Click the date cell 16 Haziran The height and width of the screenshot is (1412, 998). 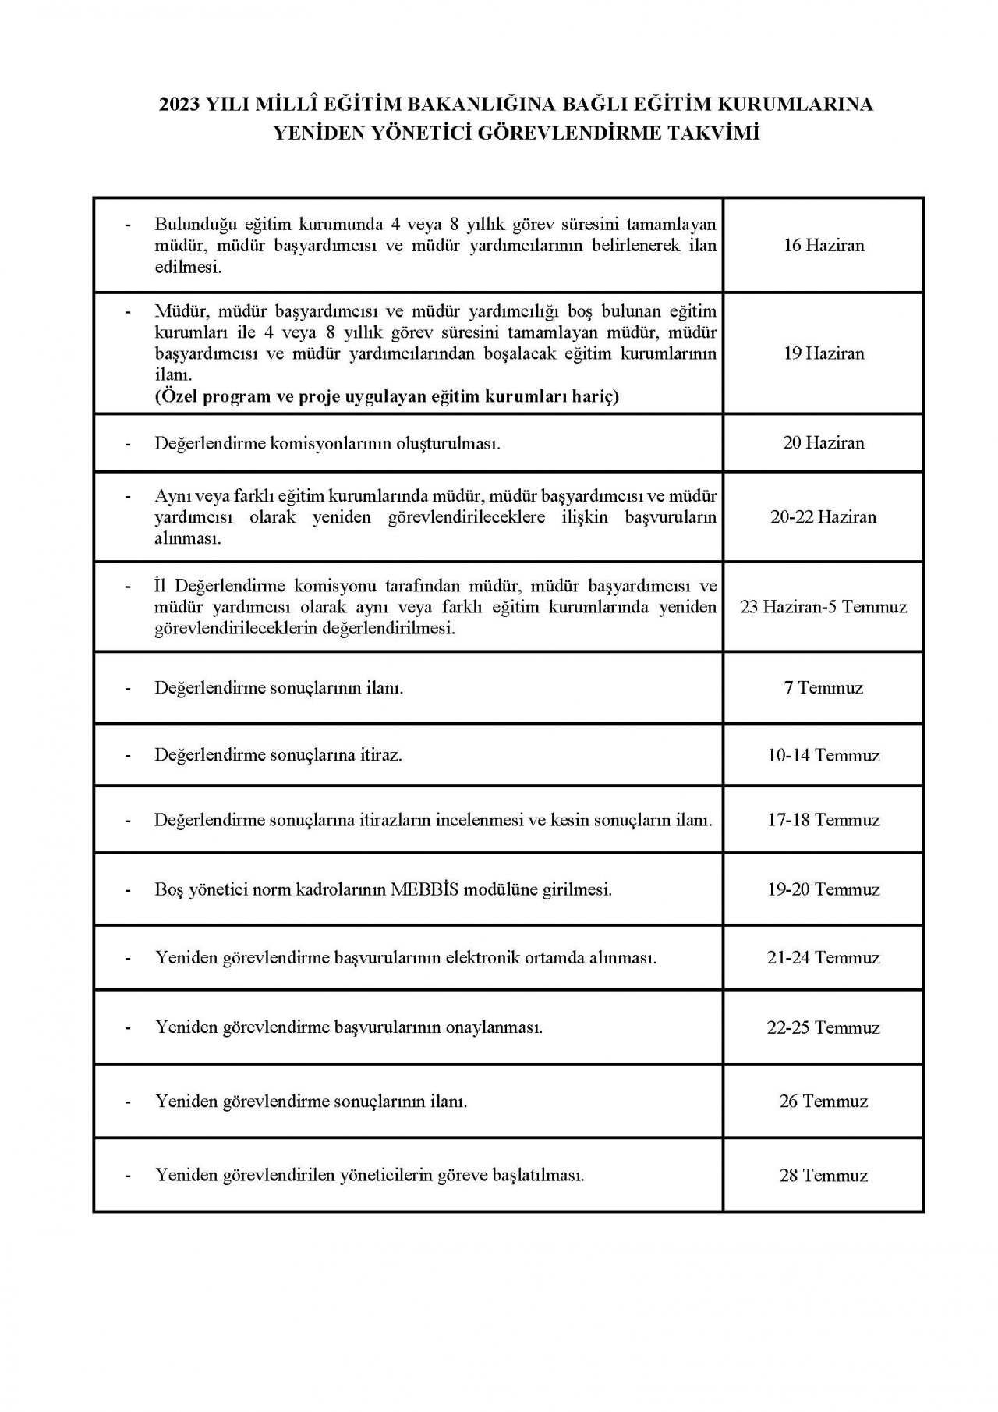[823, 245]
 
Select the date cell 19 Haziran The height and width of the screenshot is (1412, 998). [823, 353]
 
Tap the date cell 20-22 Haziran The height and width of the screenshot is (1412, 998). [823, 516]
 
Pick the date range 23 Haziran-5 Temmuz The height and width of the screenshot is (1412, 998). [823, 606]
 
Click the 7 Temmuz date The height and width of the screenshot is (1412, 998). [823, 688]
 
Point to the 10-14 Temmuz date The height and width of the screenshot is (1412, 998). [823, 755]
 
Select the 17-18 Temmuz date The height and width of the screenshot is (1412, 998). [823, 820]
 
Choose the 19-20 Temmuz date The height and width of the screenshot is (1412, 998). [823, 889]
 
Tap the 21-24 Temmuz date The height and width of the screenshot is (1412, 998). [823, 957]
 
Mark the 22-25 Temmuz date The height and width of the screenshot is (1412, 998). [823, 1027]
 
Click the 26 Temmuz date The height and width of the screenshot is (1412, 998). [823, 1102]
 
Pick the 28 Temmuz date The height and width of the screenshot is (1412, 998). [823, 1176]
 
